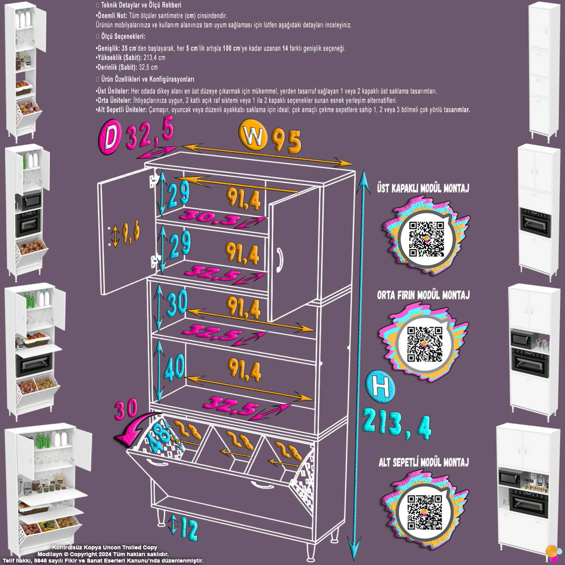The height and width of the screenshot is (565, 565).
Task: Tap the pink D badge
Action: click(x=110, y=137)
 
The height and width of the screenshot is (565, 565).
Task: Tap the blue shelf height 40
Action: click(x=174, y=367)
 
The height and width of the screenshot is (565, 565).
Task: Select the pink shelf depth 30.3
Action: click(x=211, y=219)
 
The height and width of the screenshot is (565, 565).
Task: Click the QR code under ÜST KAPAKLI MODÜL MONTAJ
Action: click(x=427, y=239)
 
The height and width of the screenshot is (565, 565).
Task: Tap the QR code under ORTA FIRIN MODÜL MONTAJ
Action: click(x=425, y=344)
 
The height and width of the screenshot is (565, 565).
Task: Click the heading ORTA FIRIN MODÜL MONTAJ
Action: click(x=423, y=295)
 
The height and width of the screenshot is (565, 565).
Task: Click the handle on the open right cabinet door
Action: click(x=279, y=260)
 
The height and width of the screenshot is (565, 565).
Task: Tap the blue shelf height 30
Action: click(x=176, y=302)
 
